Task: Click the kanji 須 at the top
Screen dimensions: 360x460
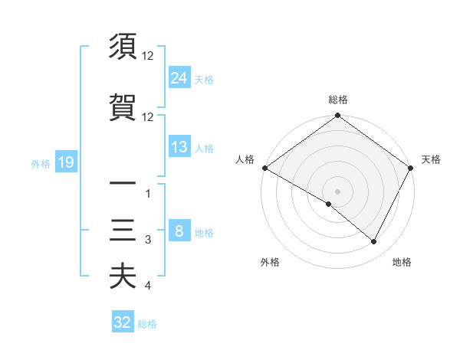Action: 123,47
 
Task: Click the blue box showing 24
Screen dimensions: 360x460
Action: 179,77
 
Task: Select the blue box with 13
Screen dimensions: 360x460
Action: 179,147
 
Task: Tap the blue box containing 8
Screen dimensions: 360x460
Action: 179,231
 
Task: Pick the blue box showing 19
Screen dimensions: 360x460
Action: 65,162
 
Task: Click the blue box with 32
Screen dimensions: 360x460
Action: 123,322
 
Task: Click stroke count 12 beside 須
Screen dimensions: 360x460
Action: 148,56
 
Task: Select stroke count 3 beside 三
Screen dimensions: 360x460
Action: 148,241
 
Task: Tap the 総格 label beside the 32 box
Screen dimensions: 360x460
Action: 147,324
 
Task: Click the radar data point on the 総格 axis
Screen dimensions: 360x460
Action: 337,116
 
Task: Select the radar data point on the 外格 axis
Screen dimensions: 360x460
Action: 329,204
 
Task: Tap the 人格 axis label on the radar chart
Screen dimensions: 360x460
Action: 245,159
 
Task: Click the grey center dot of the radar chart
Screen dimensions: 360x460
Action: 337,191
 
